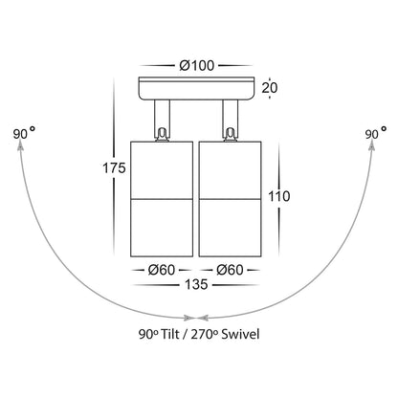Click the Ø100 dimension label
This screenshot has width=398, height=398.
[196, 66]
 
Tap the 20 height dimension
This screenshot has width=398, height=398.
[270, 88]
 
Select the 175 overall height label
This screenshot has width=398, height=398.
[114, 168]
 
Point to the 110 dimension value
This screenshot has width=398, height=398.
[279, 196]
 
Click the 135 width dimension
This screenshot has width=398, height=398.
[196, 284]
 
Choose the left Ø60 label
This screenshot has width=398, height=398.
[162, 270]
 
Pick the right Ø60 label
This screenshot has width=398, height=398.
[230, 270]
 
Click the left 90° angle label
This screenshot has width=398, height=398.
[24, 133]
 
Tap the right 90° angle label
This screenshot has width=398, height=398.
[376, 133]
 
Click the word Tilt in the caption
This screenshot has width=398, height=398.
[170, 334]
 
